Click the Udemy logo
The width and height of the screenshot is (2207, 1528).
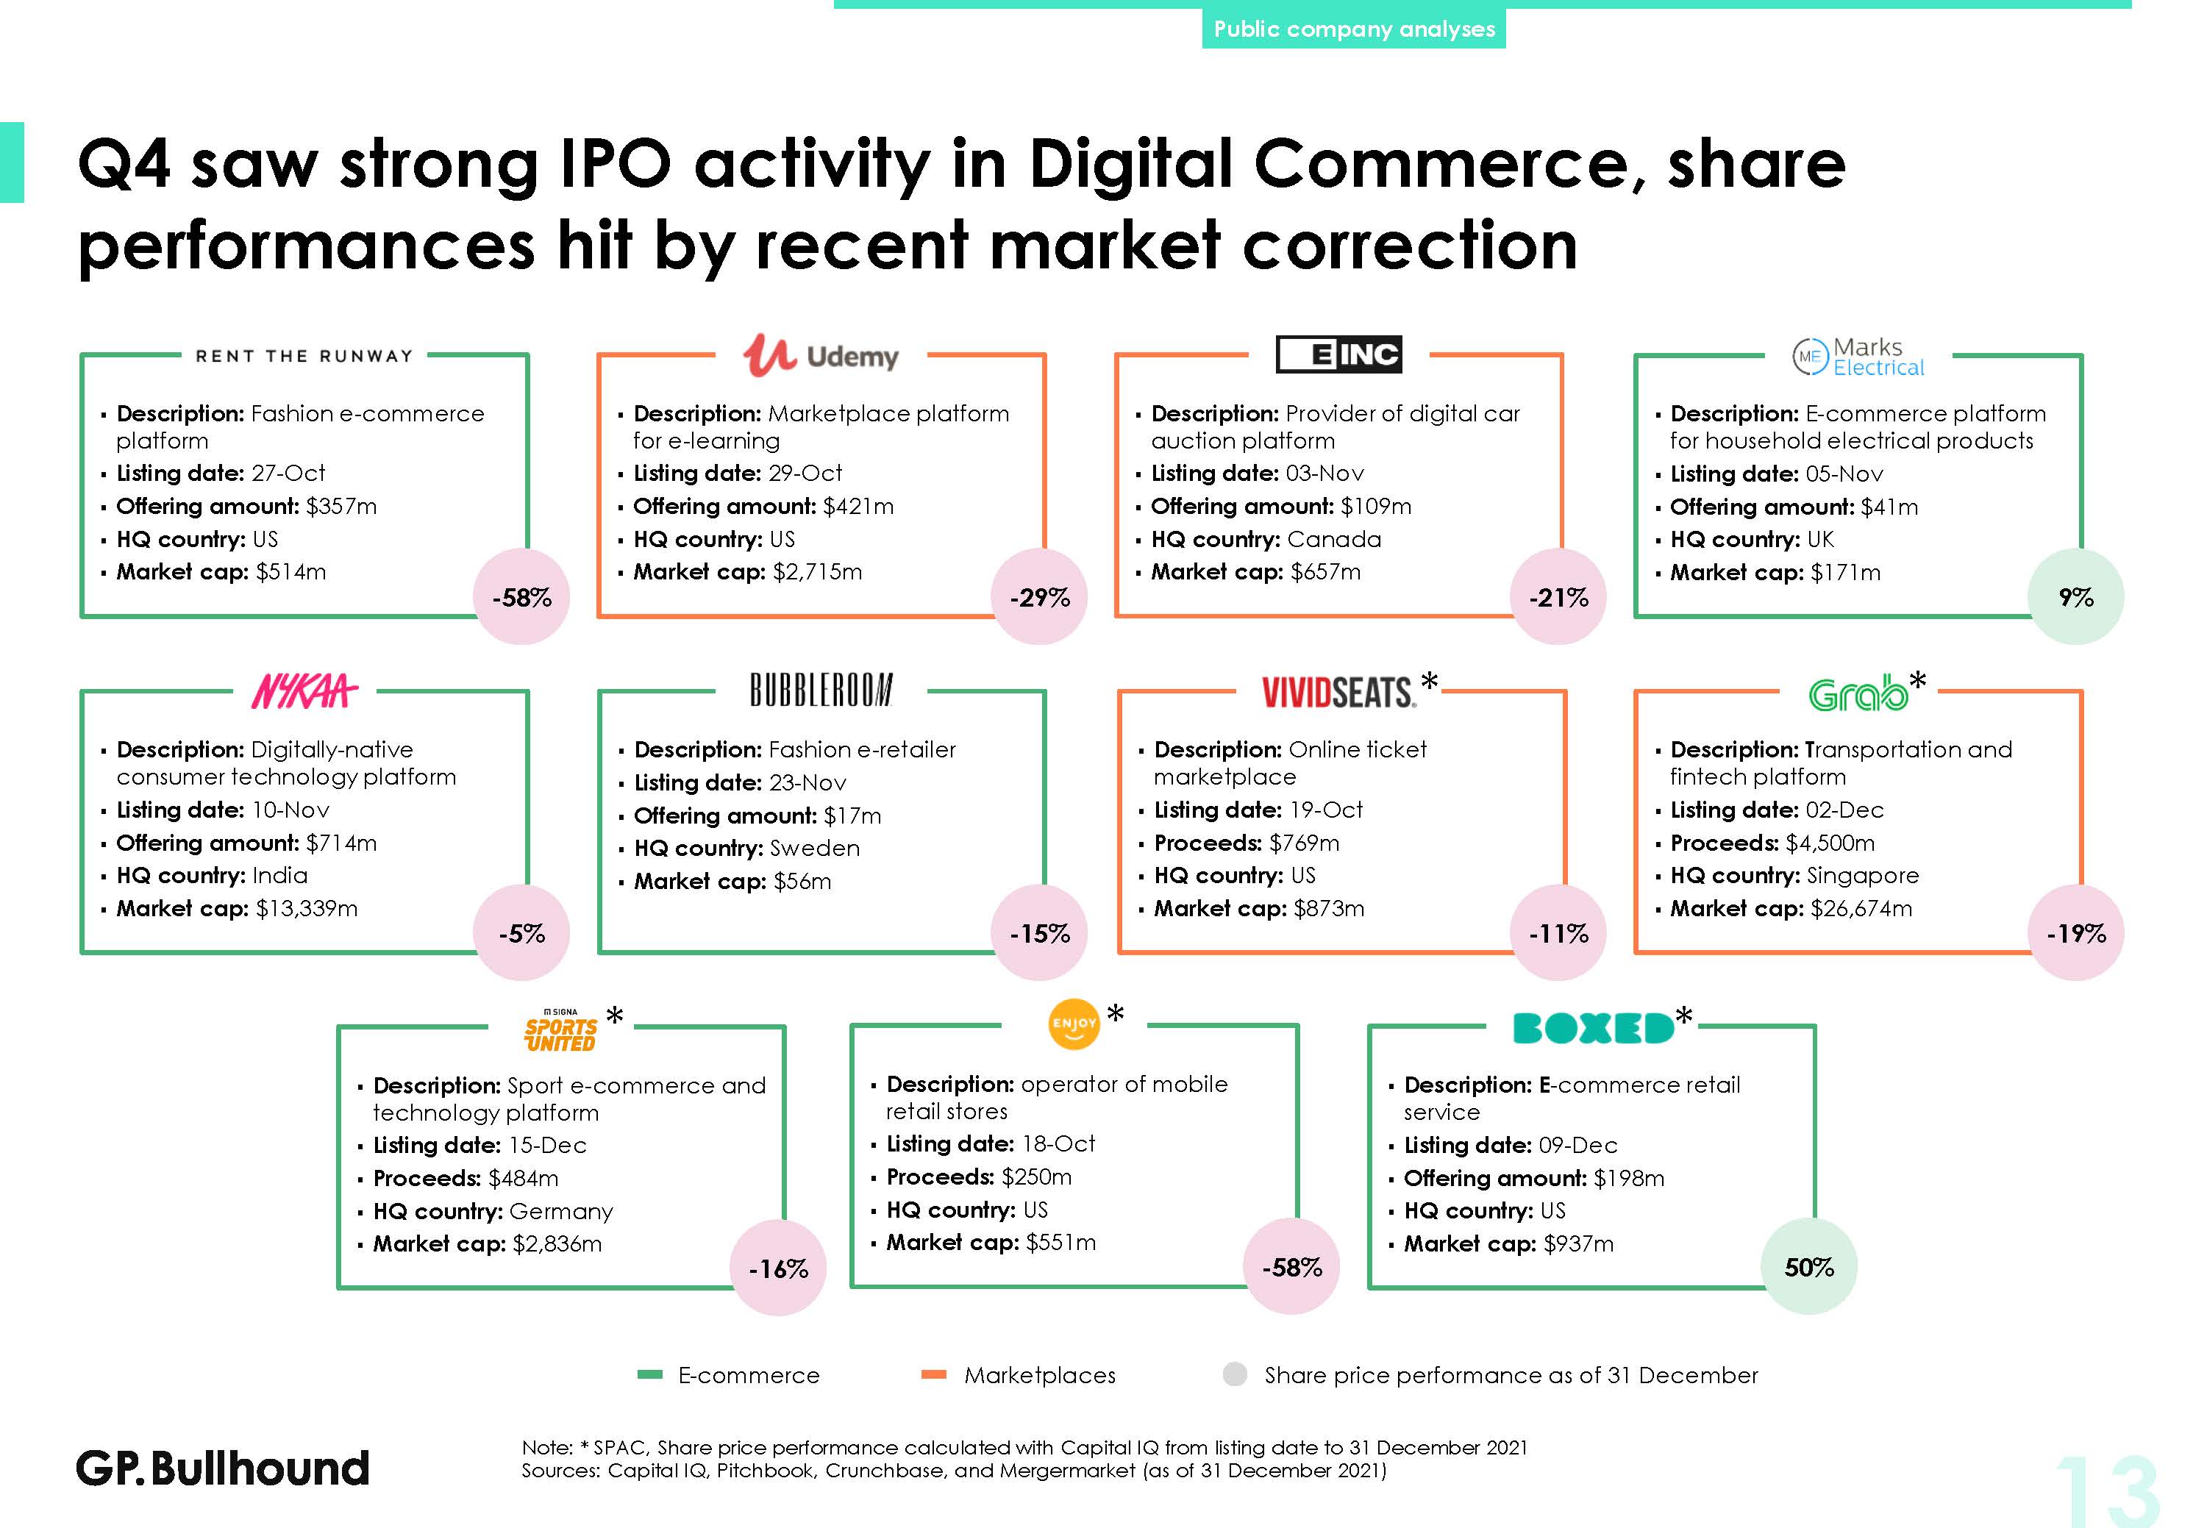click(821, 355)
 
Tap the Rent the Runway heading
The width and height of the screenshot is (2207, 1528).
click(304, 356)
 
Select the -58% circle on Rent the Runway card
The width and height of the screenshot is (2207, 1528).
click(522, 596)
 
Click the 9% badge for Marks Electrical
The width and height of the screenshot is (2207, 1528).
click(2076, 596)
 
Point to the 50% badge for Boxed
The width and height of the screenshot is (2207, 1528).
click(1808, 1267)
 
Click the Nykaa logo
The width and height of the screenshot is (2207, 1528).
click(304, 691)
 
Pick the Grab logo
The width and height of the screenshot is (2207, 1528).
click(1858, 693)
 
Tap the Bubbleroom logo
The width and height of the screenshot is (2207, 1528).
click(821, 689)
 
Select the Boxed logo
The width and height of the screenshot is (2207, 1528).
click(1593, 1028)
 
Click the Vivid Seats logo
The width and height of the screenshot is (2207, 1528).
click(1338, 692)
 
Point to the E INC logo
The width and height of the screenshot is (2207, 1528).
click(1338, 354)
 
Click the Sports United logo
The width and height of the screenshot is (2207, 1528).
click(560, 1031)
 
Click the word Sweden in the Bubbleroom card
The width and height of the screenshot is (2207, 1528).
click(815, 849)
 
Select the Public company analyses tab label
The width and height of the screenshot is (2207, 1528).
click(1354, 29)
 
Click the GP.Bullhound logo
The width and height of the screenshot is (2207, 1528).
click(222, 1468)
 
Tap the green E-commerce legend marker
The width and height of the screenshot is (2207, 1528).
click(650, 1375)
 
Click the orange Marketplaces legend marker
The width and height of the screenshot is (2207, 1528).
click(933, 1375)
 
